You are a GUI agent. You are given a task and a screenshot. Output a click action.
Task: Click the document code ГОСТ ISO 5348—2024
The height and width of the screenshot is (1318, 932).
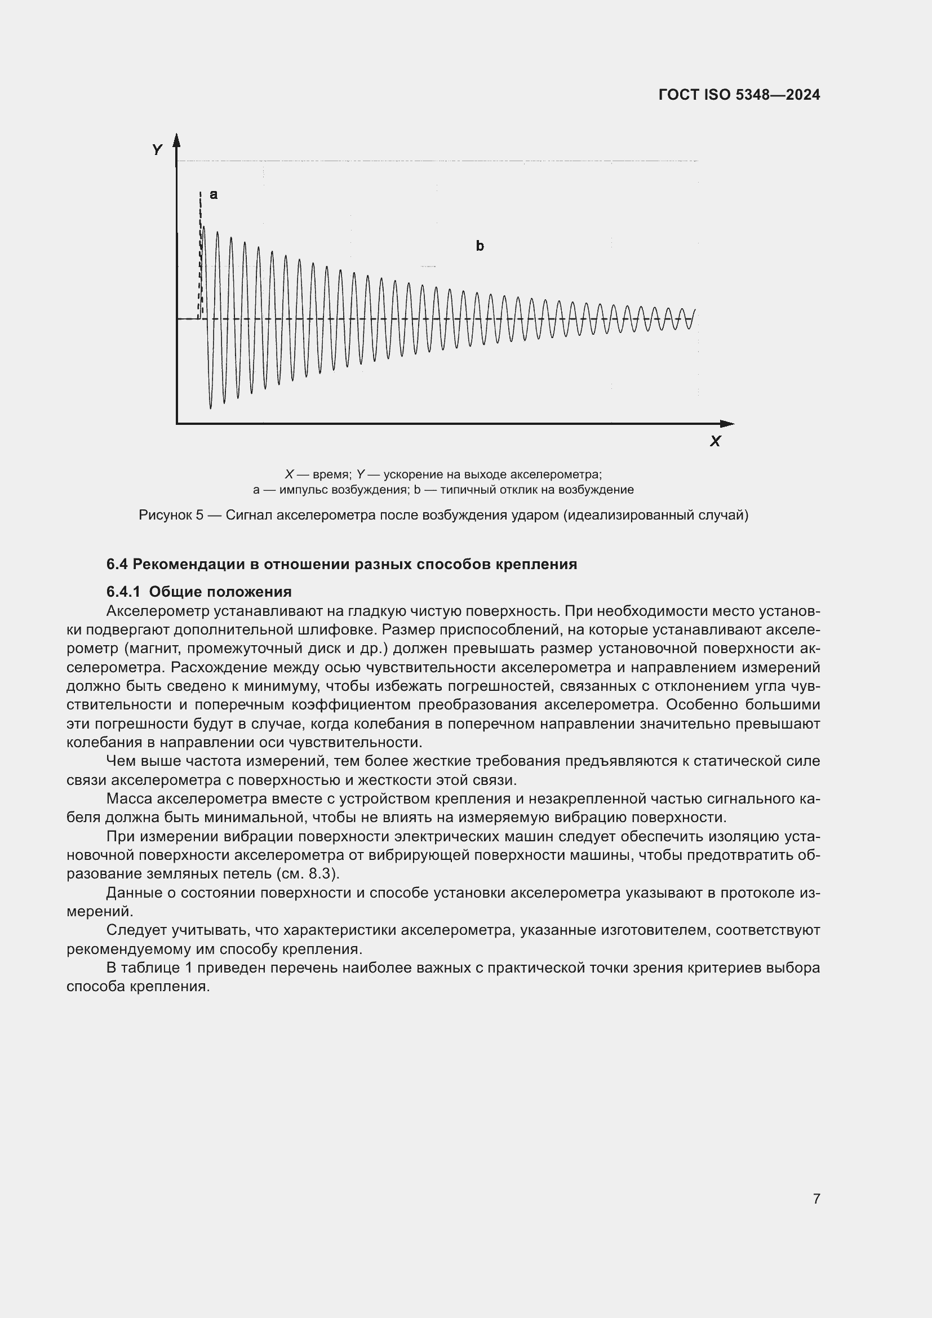tap(739, 95)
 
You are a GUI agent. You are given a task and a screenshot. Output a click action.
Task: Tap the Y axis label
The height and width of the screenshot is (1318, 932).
tap(157, 150)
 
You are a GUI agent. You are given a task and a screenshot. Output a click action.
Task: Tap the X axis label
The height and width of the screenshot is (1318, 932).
tap(714, 441)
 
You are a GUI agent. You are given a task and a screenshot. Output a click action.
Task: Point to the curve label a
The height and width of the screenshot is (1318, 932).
tap(214, 194)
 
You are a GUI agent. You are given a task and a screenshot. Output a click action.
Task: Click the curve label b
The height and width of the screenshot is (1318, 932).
tap(480, 246)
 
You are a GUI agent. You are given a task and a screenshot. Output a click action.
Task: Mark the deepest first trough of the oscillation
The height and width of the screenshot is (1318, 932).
tap(211, 405)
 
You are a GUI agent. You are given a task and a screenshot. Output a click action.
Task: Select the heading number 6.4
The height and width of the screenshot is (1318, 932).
tap(117, 564)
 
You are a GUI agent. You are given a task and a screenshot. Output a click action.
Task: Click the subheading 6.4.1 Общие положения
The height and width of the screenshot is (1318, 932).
tap(198, 591)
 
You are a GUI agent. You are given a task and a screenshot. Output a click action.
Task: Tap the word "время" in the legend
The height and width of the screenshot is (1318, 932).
tap(331, 474)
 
